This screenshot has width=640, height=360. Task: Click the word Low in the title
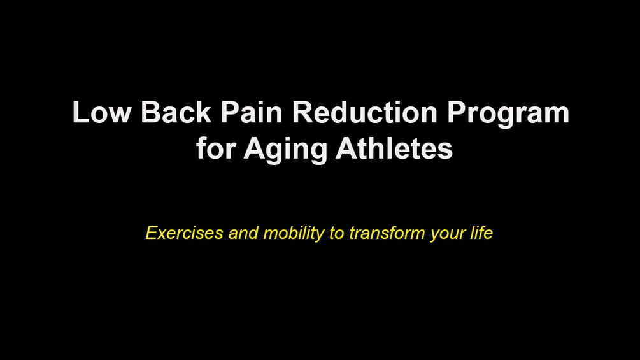click(x=102, y=112)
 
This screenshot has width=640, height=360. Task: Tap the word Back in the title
click(x=176, y=112)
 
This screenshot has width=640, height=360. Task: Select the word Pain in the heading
click(x=252, y=112)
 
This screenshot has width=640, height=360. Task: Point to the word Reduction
click(x=365, y=112)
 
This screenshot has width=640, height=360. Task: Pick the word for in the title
click(x=215, y=148)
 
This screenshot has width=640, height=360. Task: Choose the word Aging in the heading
click(x=285, y=151)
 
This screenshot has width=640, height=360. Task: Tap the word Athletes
click(x=394, y=148)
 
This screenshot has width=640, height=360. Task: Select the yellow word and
click(x=243, y=233)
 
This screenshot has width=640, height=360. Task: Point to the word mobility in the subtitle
click(x=294, y=234)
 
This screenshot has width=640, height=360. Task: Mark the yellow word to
click(x=337, y=233)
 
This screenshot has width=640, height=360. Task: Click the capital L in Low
click(x=80, y=112)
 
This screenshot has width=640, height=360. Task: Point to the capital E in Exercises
click(x=152, y=233)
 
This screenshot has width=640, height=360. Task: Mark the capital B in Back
click(x=151, y=112)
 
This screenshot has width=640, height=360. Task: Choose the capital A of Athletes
click(x=346, y=148)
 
